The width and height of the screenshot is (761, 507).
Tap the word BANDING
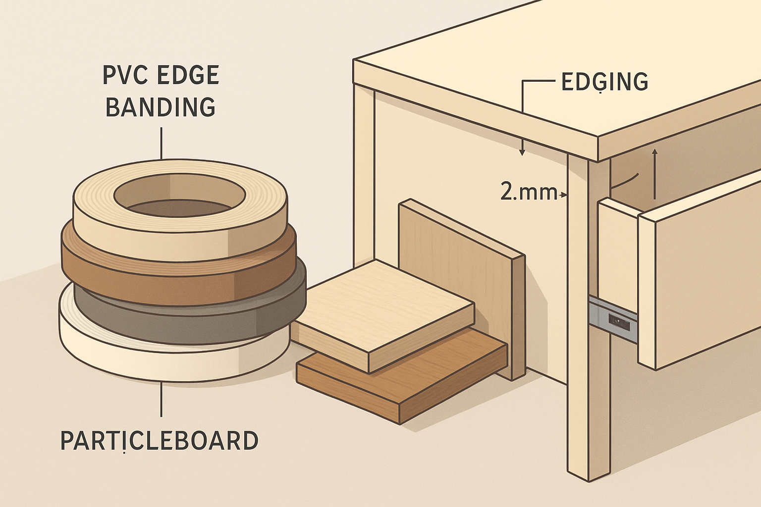[161, 107]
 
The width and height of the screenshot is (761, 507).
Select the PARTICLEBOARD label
[159, 441]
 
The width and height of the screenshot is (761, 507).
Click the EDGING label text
[604, 82]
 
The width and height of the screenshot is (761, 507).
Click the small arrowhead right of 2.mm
[563, 196]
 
